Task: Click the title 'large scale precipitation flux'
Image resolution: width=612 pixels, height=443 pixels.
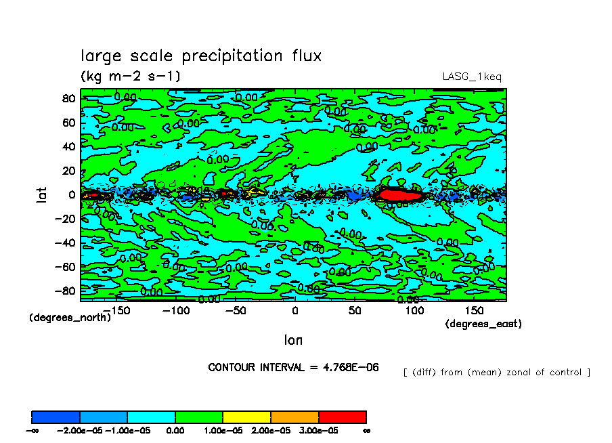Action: (x=201, y=56)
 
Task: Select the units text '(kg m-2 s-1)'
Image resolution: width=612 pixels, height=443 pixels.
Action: (x=131, y=76)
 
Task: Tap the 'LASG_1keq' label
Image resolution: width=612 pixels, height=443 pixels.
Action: (x=472, y=77)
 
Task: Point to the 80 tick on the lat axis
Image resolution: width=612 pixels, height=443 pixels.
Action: (x=68, y=98)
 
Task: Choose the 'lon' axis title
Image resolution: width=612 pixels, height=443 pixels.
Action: (x=293, y=339)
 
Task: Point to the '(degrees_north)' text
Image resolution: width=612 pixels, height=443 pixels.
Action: (x=70, y=317)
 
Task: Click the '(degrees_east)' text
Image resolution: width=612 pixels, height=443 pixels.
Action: (x=483, y=324)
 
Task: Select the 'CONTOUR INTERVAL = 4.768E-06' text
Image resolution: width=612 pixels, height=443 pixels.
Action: (x=293, y=367)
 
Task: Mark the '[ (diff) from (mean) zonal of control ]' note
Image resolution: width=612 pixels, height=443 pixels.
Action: (x=496, y=373)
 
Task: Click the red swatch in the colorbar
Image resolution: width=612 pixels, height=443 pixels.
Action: (x=342, y=417)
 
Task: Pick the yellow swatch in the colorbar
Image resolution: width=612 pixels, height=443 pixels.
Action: (x=246, y=417)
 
